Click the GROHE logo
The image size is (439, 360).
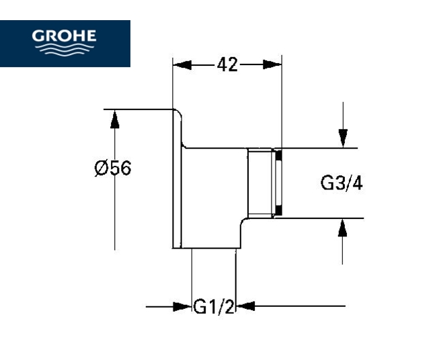coord(65,43)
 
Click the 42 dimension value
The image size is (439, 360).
coord(228,64)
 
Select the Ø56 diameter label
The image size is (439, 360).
coord(112,168)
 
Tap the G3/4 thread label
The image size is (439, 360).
coord(342,183)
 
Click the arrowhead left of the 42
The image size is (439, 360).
coord(182,64)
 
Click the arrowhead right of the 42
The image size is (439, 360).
coord(273,64)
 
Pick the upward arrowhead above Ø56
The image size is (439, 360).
coord(115,120)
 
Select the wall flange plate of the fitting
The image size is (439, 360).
coord(178,178)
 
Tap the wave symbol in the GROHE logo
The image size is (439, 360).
coord(65,51)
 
